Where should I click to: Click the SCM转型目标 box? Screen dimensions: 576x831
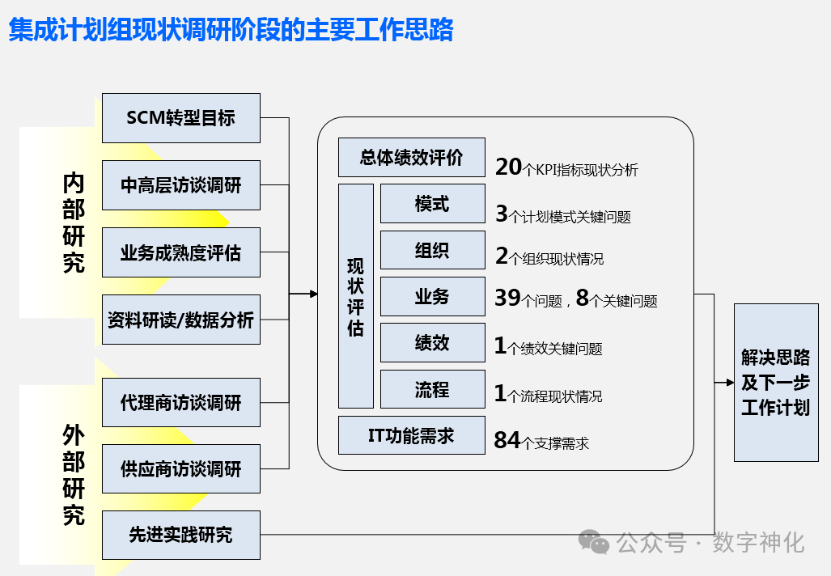coord(180,118)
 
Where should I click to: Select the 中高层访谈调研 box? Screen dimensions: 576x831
coord(180,185)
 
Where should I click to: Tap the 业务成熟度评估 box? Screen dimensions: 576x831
coord(180,252)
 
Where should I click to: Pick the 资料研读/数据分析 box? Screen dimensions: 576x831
coord(180,320)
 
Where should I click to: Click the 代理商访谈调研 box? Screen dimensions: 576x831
coord(180,402)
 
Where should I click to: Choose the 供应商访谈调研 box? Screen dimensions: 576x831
coord(180,468)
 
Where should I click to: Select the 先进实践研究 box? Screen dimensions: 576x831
coord(180,535)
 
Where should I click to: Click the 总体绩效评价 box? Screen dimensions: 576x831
coord(411,157)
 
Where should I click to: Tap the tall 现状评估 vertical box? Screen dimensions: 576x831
coord(355,296)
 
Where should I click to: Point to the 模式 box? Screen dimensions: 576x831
coord(432,204)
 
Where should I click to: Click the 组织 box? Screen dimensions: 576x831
coord(432,250)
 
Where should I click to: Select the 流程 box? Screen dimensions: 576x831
coord(432,390)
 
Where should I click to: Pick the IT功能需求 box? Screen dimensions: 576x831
coord(411,436)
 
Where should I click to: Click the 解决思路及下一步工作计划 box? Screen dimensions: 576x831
coord(775,382)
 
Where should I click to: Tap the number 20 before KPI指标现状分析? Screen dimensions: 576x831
coord(509,167)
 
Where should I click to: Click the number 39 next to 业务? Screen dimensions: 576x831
coord(507,299)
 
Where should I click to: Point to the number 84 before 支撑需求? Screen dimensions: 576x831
coord(507,440)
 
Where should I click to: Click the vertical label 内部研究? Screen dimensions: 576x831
coord(74,222)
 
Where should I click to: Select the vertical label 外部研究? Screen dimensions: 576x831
coord(74,475)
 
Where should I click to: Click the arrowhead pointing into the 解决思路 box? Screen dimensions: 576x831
coord(728,382)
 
